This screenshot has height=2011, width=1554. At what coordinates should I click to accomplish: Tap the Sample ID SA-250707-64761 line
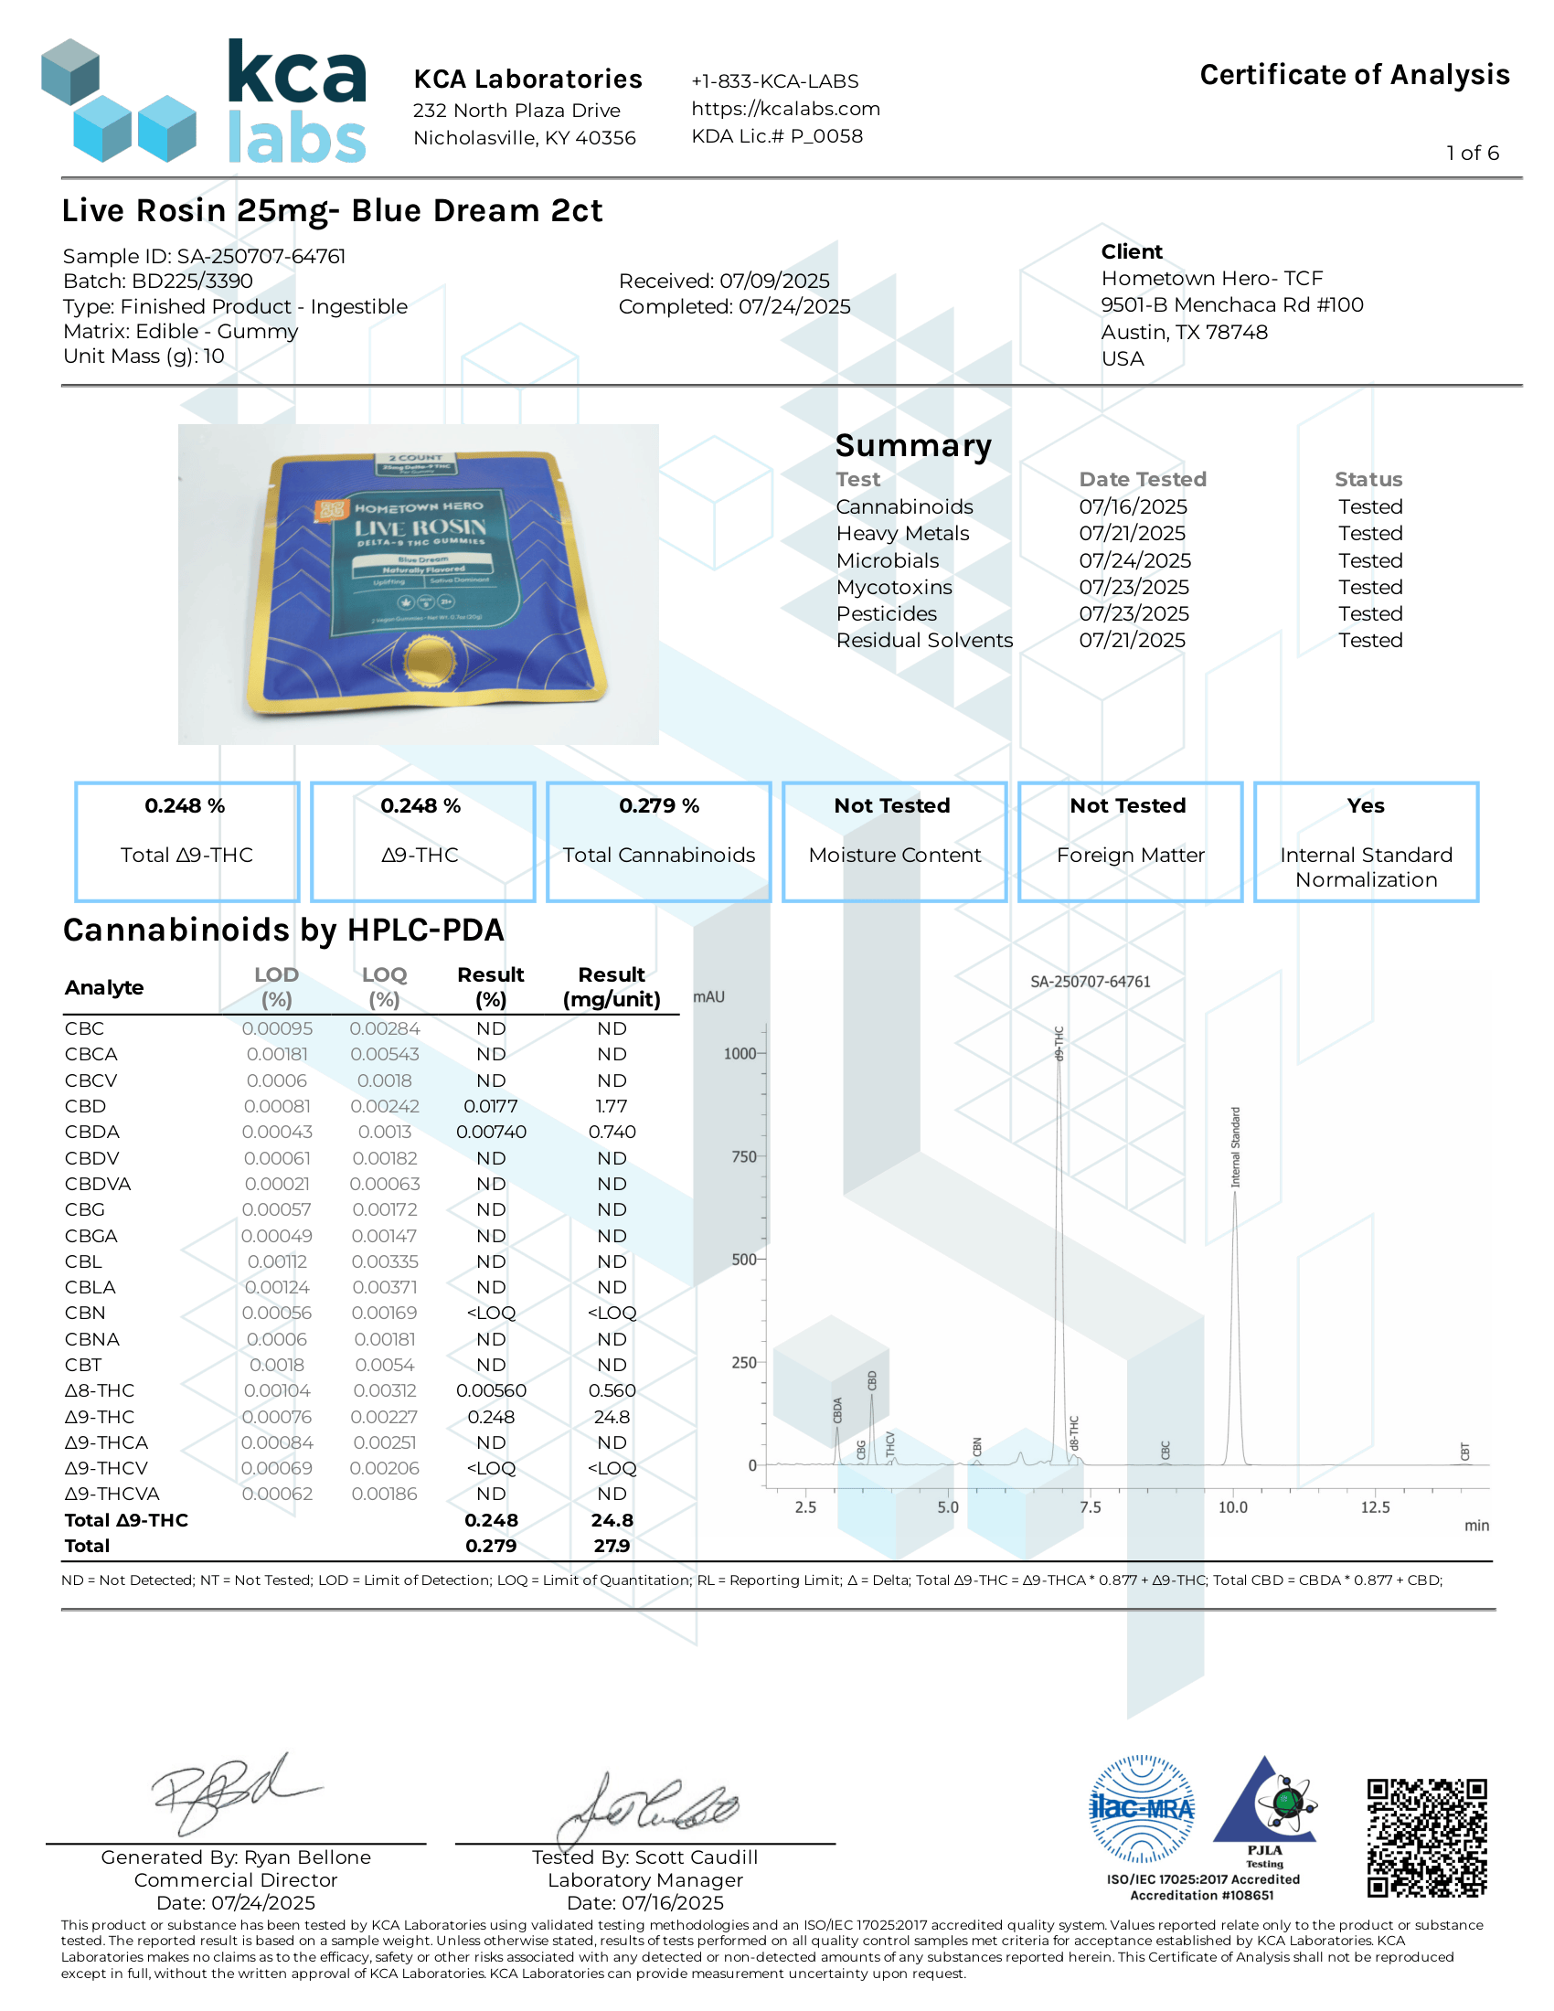click(x=204, y=256)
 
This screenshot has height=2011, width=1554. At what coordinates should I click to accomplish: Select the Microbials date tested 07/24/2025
click(x=1134, y=559)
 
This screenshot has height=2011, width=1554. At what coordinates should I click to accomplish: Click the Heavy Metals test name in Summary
click(x=902, y=533)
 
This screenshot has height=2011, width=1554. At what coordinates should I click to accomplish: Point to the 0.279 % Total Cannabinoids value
click(x=658, y=805)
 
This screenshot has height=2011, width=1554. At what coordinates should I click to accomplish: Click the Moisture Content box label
click(x=894, y=855)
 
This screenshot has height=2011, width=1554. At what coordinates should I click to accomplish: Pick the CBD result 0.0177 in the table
click(x=491, y=1106)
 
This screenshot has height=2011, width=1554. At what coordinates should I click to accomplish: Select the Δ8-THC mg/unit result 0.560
click(x=612, y=1390)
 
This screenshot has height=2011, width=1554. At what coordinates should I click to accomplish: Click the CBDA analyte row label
click(x=92, y=1132)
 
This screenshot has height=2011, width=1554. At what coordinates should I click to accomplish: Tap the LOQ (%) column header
click(x=384, y=986)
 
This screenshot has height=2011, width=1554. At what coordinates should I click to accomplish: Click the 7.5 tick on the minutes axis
click(x=1090, y=1507)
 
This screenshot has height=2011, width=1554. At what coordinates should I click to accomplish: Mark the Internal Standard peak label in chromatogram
click(x=1236, y=1147)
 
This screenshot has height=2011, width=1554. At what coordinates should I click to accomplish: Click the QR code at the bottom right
click(x=1426, y=1838)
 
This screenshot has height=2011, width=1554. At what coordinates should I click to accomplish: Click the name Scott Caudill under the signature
click(x=696, y=1857)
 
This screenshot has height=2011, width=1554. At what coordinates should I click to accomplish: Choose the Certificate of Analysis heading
click(x=1353, y=75)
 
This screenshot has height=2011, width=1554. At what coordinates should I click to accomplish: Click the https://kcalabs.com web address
click(x=785, y=109)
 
